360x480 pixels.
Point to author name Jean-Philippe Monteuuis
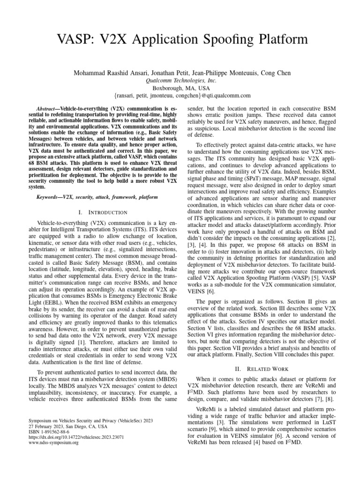[224, 73]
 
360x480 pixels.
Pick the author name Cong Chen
[277, 73]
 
